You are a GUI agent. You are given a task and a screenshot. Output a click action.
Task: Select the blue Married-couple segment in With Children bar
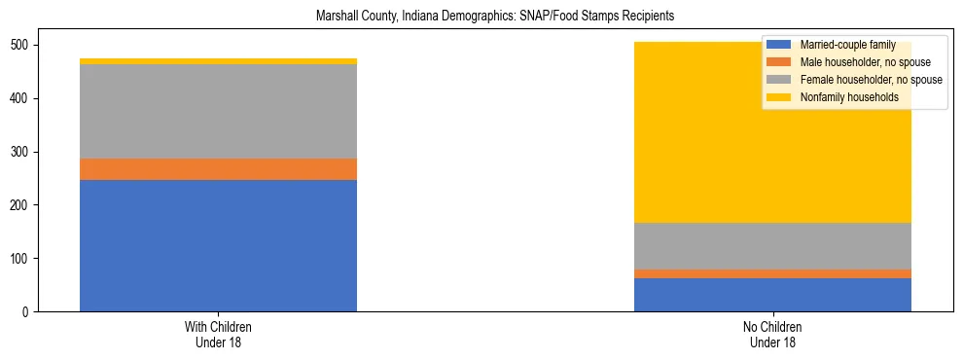(x=218, y=245)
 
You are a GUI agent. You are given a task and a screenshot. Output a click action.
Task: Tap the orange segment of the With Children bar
(x=218, y=169)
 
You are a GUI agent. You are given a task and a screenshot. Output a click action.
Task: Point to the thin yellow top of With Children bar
(x=218, y=61)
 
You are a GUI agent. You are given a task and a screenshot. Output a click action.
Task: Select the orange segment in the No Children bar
(x=772, y=273)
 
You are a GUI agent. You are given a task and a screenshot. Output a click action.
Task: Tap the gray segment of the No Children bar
(x=772, y=246)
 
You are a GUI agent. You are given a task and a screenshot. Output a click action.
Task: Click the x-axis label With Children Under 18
(x=218, y=334)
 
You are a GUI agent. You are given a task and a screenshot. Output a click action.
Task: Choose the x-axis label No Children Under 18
(x=772, y=334)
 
